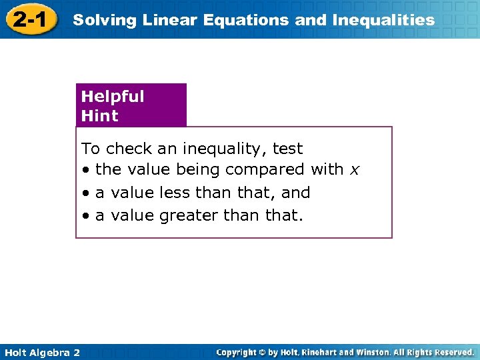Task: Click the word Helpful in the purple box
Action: click(113, 96)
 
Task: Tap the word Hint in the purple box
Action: click(99, 115)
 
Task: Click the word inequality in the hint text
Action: click(219, 149)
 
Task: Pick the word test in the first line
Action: click(287, 149)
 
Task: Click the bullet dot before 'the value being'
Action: click(86, 170)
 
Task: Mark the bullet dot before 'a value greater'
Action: click(86, 216)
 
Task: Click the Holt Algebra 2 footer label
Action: click(41, 352)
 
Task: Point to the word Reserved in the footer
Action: click(454, 352)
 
